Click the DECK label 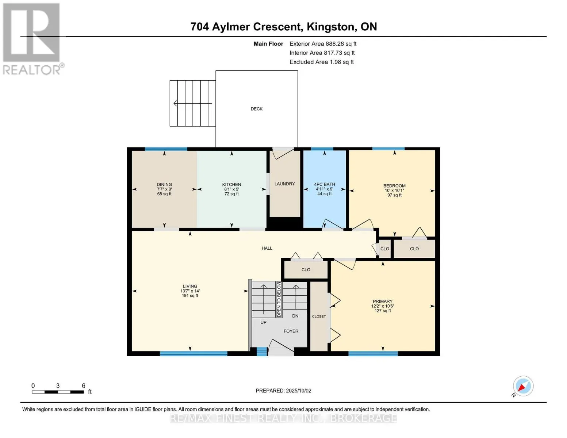257,109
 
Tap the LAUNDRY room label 284,184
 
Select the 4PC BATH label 324,184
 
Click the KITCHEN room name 231,184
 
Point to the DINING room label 164,184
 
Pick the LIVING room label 190,286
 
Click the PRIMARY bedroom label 383,301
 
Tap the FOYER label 291,331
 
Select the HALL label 267,248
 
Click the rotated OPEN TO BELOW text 279,299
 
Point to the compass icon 523,386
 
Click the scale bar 58,392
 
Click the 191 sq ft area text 190,296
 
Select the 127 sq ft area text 383,311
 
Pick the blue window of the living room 194,354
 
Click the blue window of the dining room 166,149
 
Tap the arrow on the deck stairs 192,103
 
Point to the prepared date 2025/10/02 299,391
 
